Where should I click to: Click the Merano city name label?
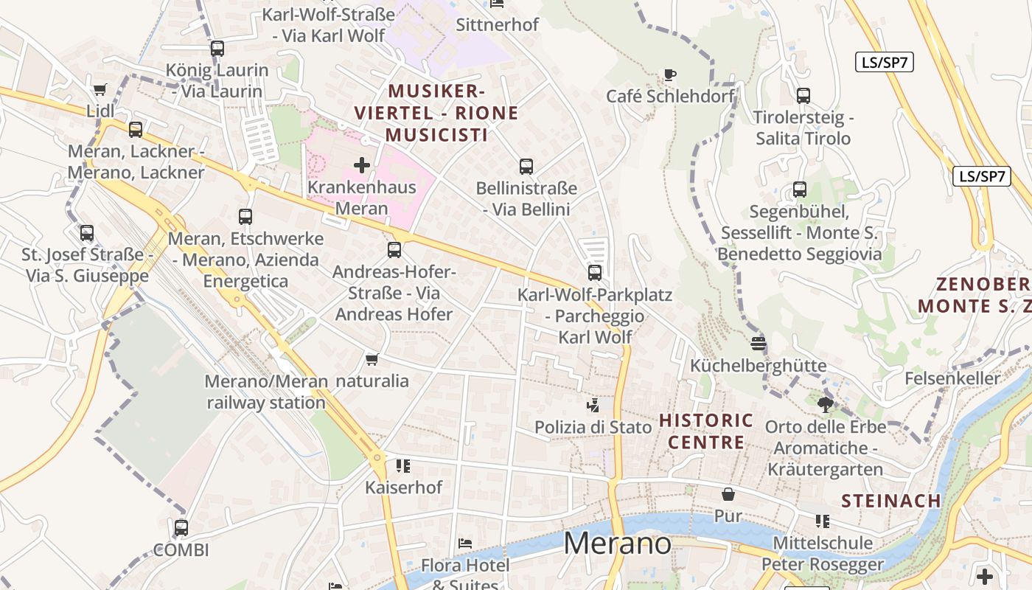(618, 544)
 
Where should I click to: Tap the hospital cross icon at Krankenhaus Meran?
(361, 164)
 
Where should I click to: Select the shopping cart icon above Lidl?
(100, 89)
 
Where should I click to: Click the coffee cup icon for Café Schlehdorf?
(669, 74)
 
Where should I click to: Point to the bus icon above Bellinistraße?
(526, 167)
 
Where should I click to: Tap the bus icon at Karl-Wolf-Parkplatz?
(594, 273)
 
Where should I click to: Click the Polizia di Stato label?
(593, 427)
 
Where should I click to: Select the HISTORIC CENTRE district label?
(705, 431)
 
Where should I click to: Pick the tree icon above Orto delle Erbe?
(826, 404)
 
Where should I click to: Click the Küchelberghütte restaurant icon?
(758, 343)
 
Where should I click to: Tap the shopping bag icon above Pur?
(728, 494)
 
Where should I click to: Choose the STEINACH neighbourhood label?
(890, 501)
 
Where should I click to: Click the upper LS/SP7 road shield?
(884, 63)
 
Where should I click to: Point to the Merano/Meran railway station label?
(265, 392)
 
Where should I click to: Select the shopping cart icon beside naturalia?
(372, 359)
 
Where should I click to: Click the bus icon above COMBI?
(181, 528)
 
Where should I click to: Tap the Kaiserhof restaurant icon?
(402, 465)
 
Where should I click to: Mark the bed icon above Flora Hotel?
(464, 544)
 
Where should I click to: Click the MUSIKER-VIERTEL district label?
(436, 113)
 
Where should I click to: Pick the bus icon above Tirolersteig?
(803, 95)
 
